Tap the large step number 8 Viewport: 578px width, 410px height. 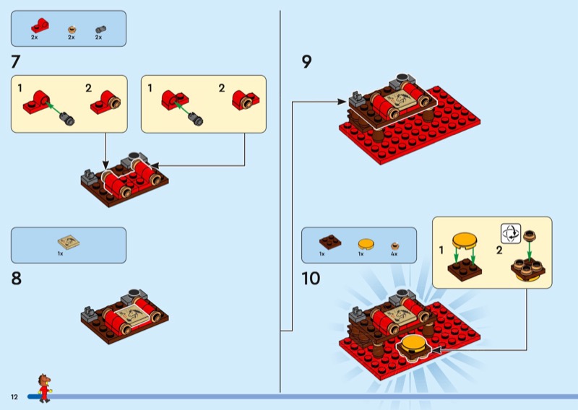coord(17,278)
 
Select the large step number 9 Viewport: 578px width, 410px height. coord(306,62)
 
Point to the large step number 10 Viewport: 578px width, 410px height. coord(311,278)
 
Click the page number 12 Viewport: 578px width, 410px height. coord(14,398)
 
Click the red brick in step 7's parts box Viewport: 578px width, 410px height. coord(39,26)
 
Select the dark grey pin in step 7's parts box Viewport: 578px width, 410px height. coord(99,29)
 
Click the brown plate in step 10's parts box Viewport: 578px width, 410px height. coord(323,242)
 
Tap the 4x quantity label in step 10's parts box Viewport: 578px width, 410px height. coord(394,254)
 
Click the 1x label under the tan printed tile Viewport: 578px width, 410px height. coord(61,254)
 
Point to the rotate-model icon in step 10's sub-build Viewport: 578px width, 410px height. coord(511,233)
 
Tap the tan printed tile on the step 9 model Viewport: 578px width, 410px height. coord(397,100)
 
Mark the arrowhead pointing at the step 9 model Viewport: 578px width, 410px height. coord(345,102)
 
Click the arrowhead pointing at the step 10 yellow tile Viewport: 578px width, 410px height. coord(436,349)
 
